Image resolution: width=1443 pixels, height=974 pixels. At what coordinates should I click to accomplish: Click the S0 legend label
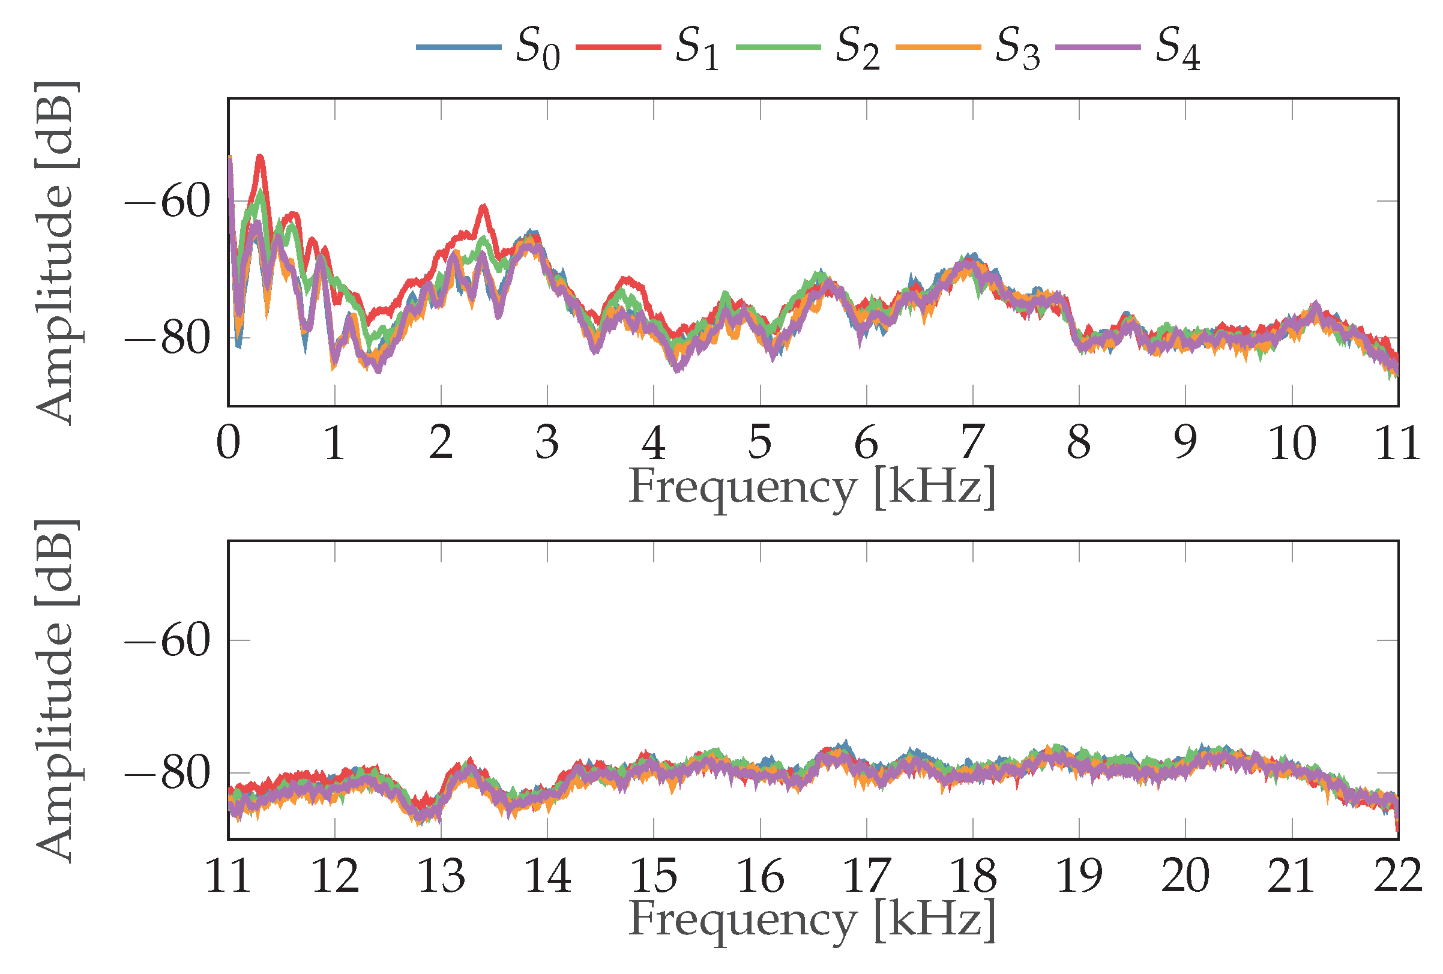tap(538, 49)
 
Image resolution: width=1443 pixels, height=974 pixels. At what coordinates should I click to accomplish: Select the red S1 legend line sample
tap(618, 47)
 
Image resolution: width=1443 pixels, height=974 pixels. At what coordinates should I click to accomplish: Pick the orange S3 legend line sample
tap(938, 47)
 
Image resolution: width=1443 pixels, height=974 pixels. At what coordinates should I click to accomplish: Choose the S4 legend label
tap(1178, 49)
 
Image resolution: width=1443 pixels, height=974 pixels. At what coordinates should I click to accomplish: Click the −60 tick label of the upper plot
tap(167, 202)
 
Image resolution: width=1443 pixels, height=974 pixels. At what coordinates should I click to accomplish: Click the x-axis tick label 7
tap(972, 443)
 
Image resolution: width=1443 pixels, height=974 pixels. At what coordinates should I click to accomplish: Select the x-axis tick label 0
tap(229, 443)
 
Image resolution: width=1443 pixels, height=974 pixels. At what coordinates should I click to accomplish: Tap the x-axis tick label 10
tap(1292, 443)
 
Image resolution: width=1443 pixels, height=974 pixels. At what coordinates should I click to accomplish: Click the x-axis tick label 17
tap(867, 876)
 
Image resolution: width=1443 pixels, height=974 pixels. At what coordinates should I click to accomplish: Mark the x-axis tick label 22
tap(1397, 876)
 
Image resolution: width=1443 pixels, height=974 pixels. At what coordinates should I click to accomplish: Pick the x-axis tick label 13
tap(441, 876)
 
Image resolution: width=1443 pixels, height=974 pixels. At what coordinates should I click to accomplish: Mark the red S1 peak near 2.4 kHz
tap(484, 206)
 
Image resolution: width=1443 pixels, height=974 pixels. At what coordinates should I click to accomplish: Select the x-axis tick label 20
tap(1185, 876)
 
